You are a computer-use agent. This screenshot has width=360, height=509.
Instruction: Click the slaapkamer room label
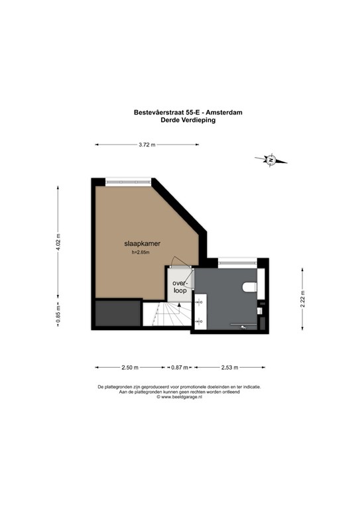pyautogui.click(x=142, y=243)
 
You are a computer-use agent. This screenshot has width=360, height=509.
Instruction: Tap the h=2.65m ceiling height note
pyautogui.click(x=141, y=253)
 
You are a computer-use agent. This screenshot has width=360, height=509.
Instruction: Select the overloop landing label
pyautogui.click(x=180, y=286)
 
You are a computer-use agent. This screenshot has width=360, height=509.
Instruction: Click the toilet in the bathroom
pyautogui.click(x=250, y=287)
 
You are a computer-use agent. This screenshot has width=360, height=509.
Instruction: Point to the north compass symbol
pyautogui.click(x=271, y=160)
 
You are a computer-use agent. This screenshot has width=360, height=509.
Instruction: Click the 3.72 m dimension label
pyautogui.click(x=147, y=144)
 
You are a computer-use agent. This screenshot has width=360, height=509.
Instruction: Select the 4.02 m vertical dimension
pyautogui.click(x=58, y=242)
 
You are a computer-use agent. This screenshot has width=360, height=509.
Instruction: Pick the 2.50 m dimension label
pyautogui.click(x=130, y=367)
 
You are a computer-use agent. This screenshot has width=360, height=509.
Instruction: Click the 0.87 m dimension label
pyautogui.click(x=180, y=367)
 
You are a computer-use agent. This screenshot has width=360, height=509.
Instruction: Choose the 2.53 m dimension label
pyautogui.click(x=230, y=367)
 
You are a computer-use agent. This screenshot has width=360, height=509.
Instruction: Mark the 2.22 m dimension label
pyautogui.click(x=302, y=299)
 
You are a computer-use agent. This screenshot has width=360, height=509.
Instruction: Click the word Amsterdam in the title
pyautogui.click(x=224, y=113)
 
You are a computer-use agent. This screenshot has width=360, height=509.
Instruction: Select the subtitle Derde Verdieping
pyautogui.click(x=188, y=120)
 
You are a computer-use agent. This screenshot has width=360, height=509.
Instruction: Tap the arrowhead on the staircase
pyautogui.click(x=179, y=304)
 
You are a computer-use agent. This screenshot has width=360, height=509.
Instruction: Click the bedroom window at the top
pyautogui.click(x=128, y=182)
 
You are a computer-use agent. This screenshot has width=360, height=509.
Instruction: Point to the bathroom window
pyautogui.click(x=237, y=262)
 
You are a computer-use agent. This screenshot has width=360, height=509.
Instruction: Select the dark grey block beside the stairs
pyautogui.click(x=118, y=313)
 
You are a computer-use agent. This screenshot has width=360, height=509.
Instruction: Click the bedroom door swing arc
pyautogui.click(x=180, y=259)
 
